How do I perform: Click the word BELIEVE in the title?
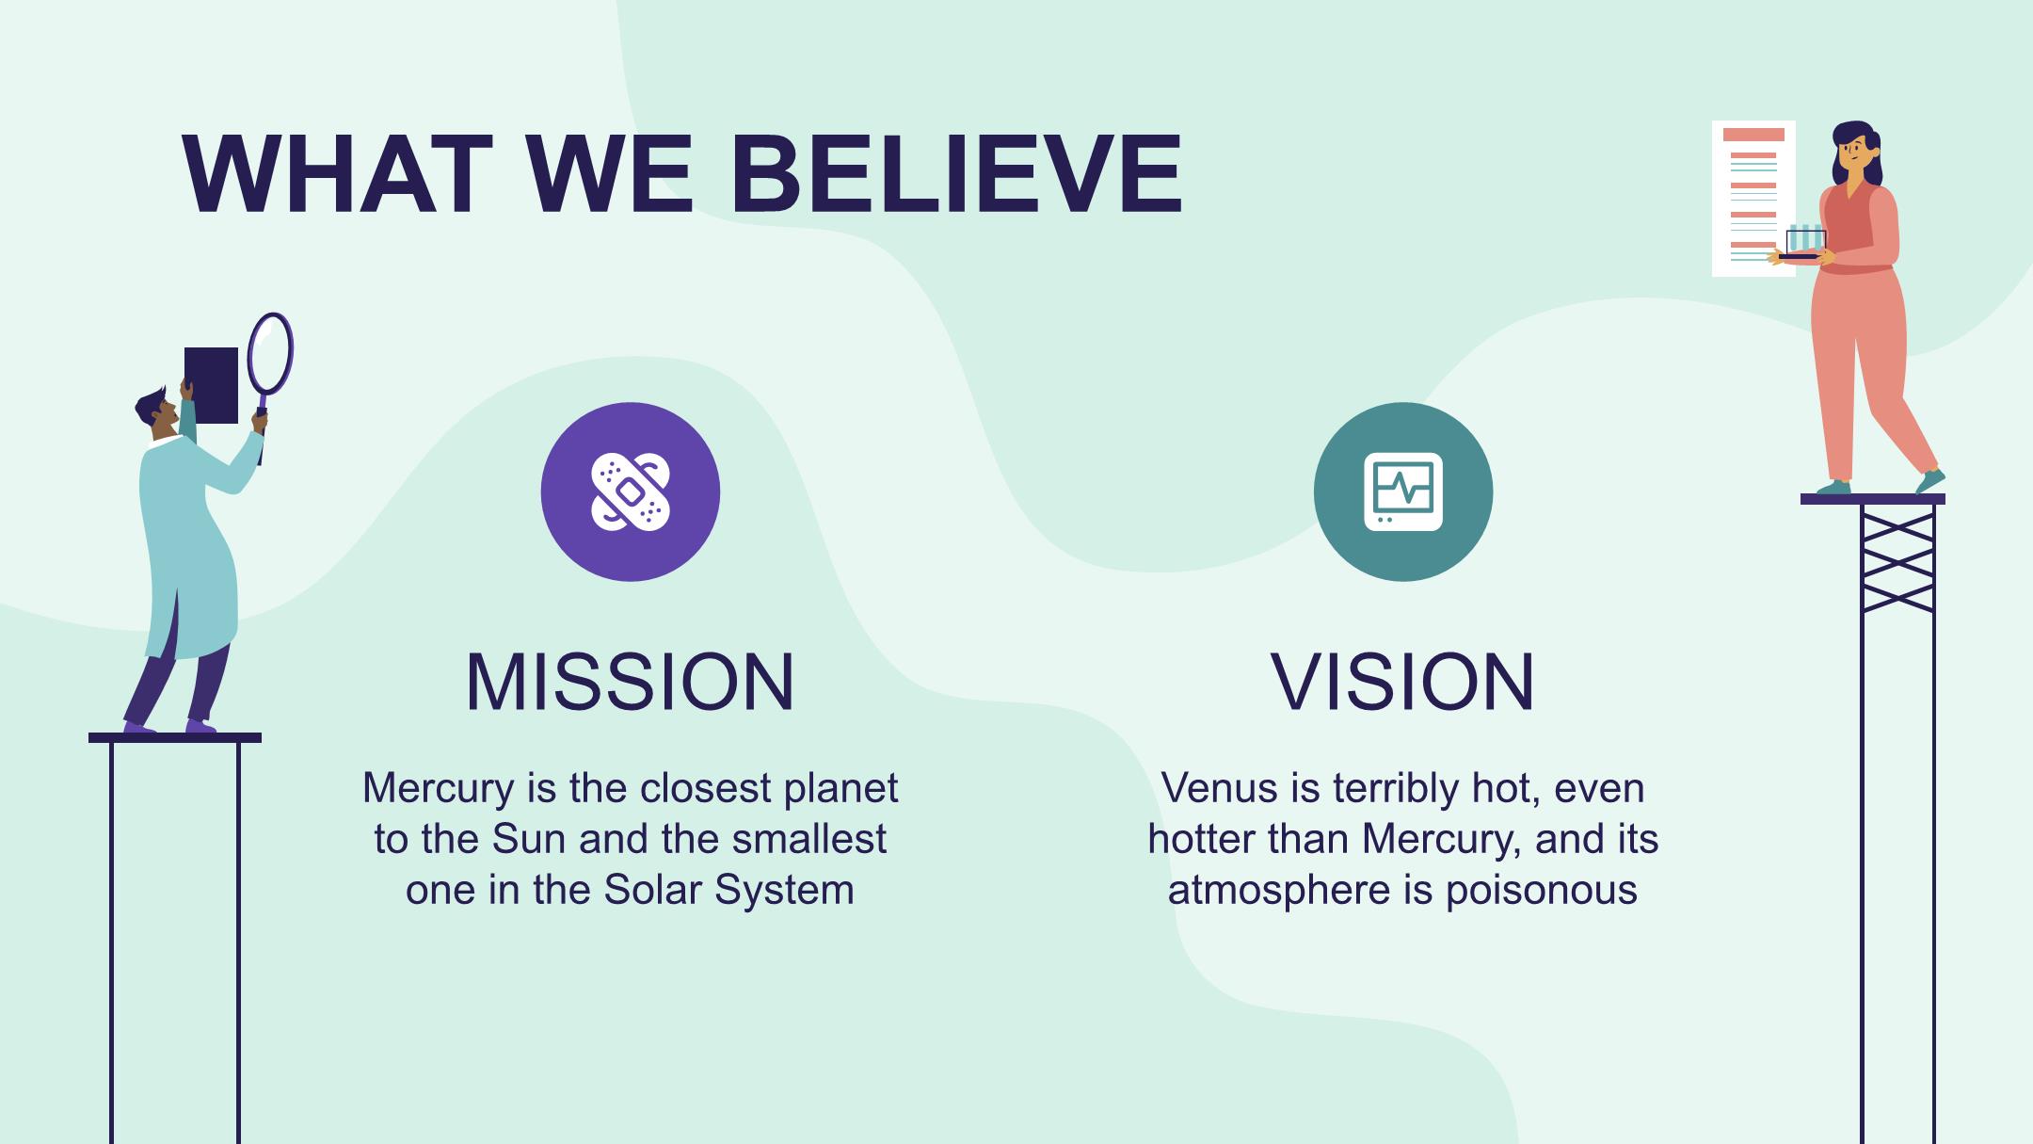click(x=955, y=174)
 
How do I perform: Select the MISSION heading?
click(x=631, y=681)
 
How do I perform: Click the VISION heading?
click(x=1402, y=681)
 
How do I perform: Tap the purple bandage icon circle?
click(x=631, y=491)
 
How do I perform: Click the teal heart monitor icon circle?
click(x=1403, y=491)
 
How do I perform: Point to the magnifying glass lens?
click(x=270, y=352)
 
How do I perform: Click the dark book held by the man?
click(x=211, y=385)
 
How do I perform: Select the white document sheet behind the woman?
click(x=1753, y=198)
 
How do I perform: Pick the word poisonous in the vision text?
click(x=1542, y=891)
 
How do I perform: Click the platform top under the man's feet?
click(x=175, y=738)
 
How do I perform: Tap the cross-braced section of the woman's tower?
click(x=1898, y=558)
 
